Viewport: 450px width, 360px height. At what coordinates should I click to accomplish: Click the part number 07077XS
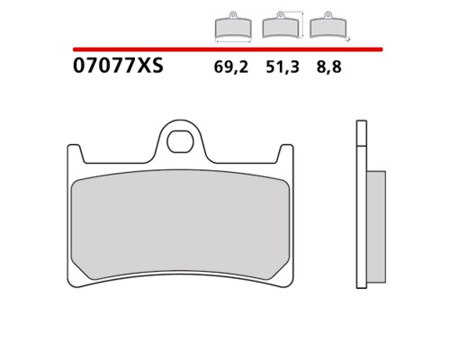(x=118, y=66)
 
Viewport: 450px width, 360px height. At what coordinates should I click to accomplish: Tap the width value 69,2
(x=231, y=67)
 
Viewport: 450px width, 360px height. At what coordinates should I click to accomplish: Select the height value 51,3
(x=283, y=67)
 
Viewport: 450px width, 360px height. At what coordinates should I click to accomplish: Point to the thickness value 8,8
(x=328, y=67)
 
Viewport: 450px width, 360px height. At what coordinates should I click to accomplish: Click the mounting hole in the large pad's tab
(x=180, y=141)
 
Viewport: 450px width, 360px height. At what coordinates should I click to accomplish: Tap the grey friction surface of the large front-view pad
(x=180, y=225)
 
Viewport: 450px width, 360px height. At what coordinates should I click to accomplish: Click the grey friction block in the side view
(x=376, y=227)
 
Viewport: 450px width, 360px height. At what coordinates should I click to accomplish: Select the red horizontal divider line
(x=228, y=49)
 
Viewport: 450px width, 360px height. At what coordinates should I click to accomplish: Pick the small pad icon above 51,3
(x=281, y=25)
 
